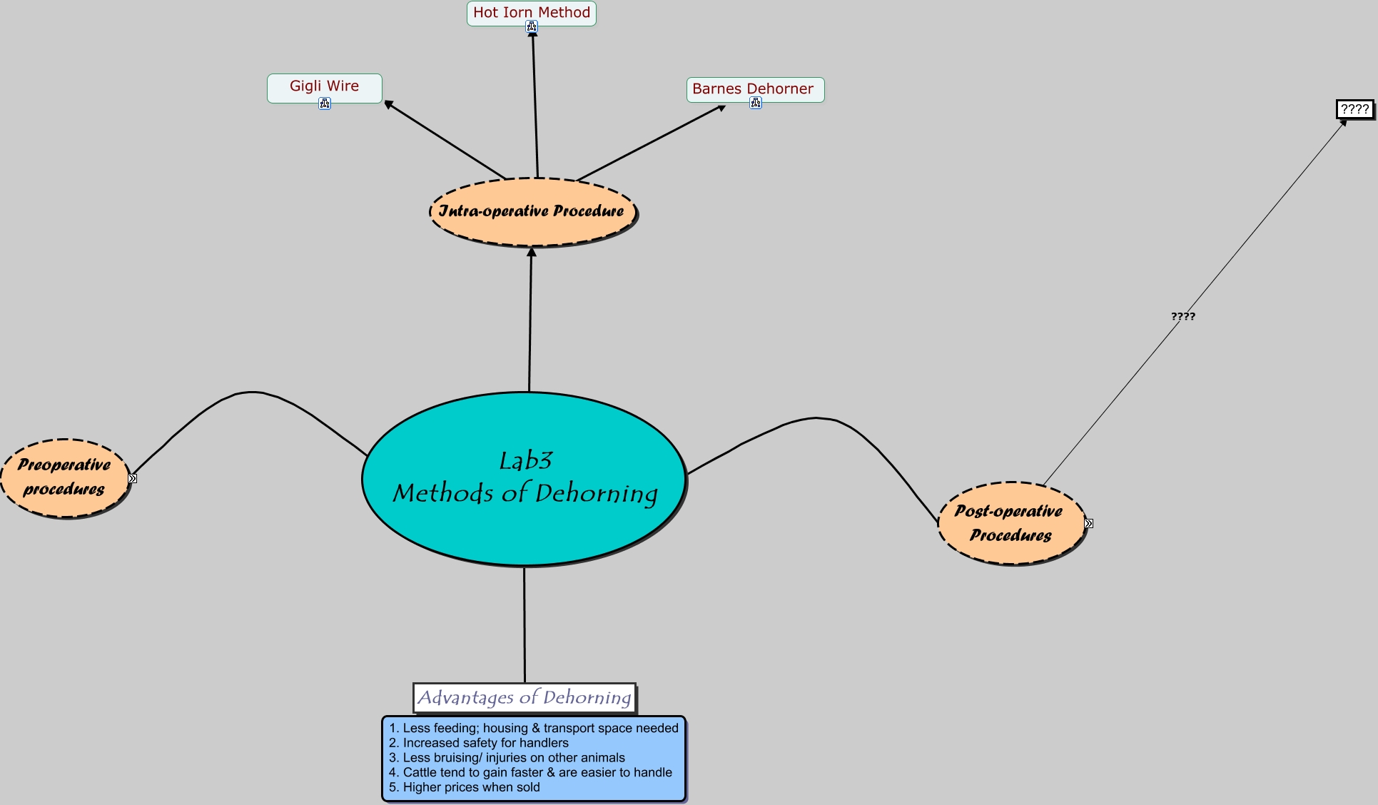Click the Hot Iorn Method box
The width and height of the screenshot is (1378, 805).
tap(531, 12)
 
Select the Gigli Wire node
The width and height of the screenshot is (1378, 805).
tap(324, 86)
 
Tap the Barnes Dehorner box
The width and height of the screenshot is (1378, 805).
tap(754, 88)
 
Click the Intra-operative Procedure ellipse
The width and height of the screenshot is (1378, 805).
tap(532, 211)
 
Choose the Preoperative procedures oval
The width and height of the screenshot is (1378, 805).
tap(64, 477)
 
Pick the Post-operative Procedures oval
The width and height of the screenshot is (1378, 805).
tap(1010, 523)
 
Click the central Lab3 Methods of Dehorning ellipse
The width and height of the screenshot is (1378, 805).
tap(525, 478)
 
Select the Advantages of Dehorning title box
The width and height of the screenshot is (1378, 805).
tap(524, 697)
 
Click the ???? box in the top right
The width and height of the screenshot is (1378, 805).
tap(1354, 109)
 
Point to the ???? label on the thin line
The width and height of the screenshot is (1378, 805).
tap(1182, 316)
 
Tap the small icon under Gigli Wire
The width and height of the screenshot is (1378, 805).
tap(325, 104)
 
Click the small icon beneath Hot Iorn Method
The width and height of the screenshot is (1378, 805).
tap(532, 27)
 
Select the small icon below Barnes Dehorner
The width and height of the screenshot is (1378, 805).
tap(756, 103)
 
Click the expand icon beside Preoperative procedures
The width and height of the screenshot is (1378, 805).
tap(133, 478)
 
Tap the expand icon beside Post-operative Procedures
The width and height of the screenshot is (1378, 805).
tap(1088, 524)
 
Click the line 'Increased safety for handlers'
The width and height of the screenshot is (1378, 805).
tap(485, 743)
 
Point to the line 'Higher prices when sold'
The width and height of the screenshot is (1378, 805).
tap(471, 787)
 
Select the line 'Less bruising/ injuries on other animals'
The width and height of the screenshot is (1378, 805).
tap(513, 758)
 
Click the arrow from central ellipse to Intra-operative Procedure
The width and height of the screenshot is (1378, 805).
tap(530, 321)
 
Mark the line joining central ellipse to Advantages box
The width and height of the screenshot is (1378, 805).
tap(525, 624)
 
